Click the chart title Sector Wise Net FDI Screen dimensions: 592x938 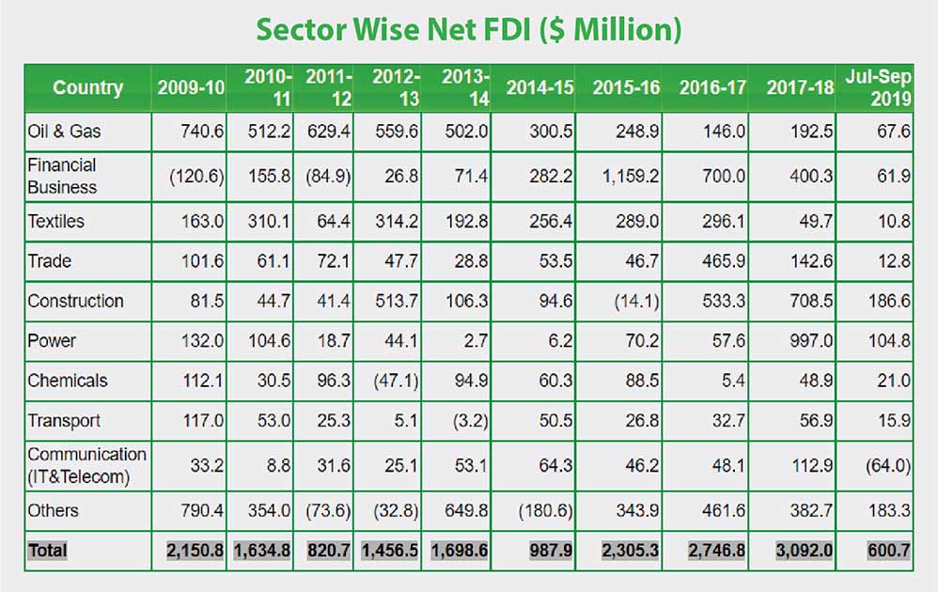tap(468, 29)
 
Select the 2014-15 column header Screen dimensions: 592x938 tap(539, 87)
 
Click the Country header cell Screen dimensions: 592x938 tap(87, 87)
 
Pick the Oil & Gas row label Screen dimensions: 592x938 tap(64, 132)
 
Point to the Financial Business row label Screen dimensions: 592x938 tap(62, 176)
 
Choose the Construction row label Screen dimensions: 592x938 tap(75, 301)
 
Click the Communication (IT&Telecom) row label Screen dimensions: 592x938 tap(86, 464)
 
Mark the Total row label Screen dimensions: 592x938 tap(48, 550)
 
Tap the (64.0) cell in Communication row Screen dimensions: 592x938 tap(885, 464)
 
